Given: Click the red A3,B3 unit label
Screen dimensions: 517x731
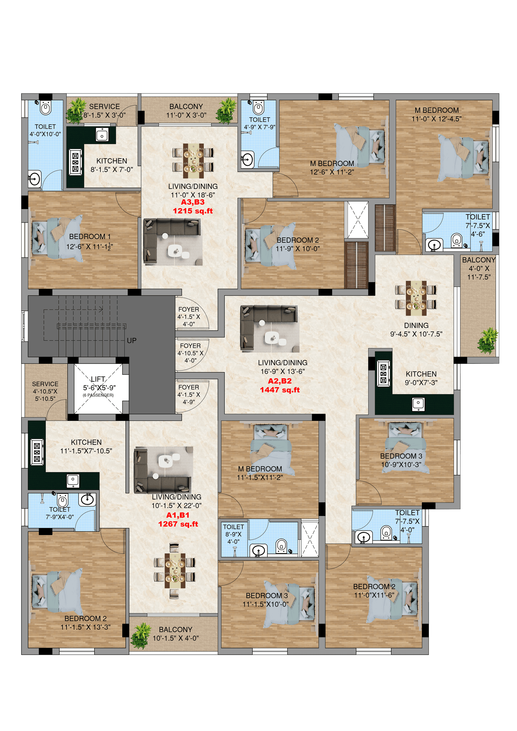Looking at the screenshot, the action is pos(193,202).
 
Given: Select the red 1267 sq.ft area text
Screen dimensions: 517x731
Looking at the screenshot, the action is pos(178,524).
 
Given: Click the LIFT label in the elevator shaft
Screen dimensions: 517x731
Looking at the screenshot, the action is pos(98,379).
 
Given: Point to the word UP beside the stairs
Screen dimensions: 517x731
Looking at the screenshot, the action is pos(131,341).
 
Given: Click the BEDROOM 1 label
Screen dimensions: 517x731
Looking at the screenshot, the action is pos(90,237).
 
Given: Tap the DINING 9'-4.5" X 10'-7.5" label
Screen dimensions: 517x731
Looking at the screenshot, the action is pos(416,330).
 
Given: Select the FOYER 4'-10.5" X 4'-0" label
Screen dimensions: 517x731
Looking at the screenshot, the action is pos(190,353).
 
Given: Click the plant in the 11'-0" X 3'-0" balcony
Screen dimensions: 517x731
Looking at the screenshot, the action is pos(226,111).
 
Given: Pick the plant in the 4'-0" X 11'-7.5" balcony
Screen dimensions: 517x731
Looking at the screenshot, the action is pos(487,341).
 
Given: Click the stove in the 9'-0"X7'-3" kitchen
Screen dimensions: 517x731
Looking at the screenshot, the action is pos(383,373).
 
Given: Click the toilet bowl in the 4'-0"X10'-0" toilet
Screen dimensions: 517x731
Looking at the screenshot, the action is pos(46,108).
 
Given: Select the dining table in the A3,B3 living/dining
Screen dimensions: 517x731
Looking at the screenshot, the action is pos(193,161).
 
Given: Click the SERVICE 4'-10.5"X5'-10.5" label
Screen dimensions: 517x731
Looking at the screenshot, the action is pos(45,391).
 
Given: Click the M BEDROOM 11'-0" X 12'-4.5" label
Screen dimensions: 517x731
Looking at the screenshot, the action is pos(436,115).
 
